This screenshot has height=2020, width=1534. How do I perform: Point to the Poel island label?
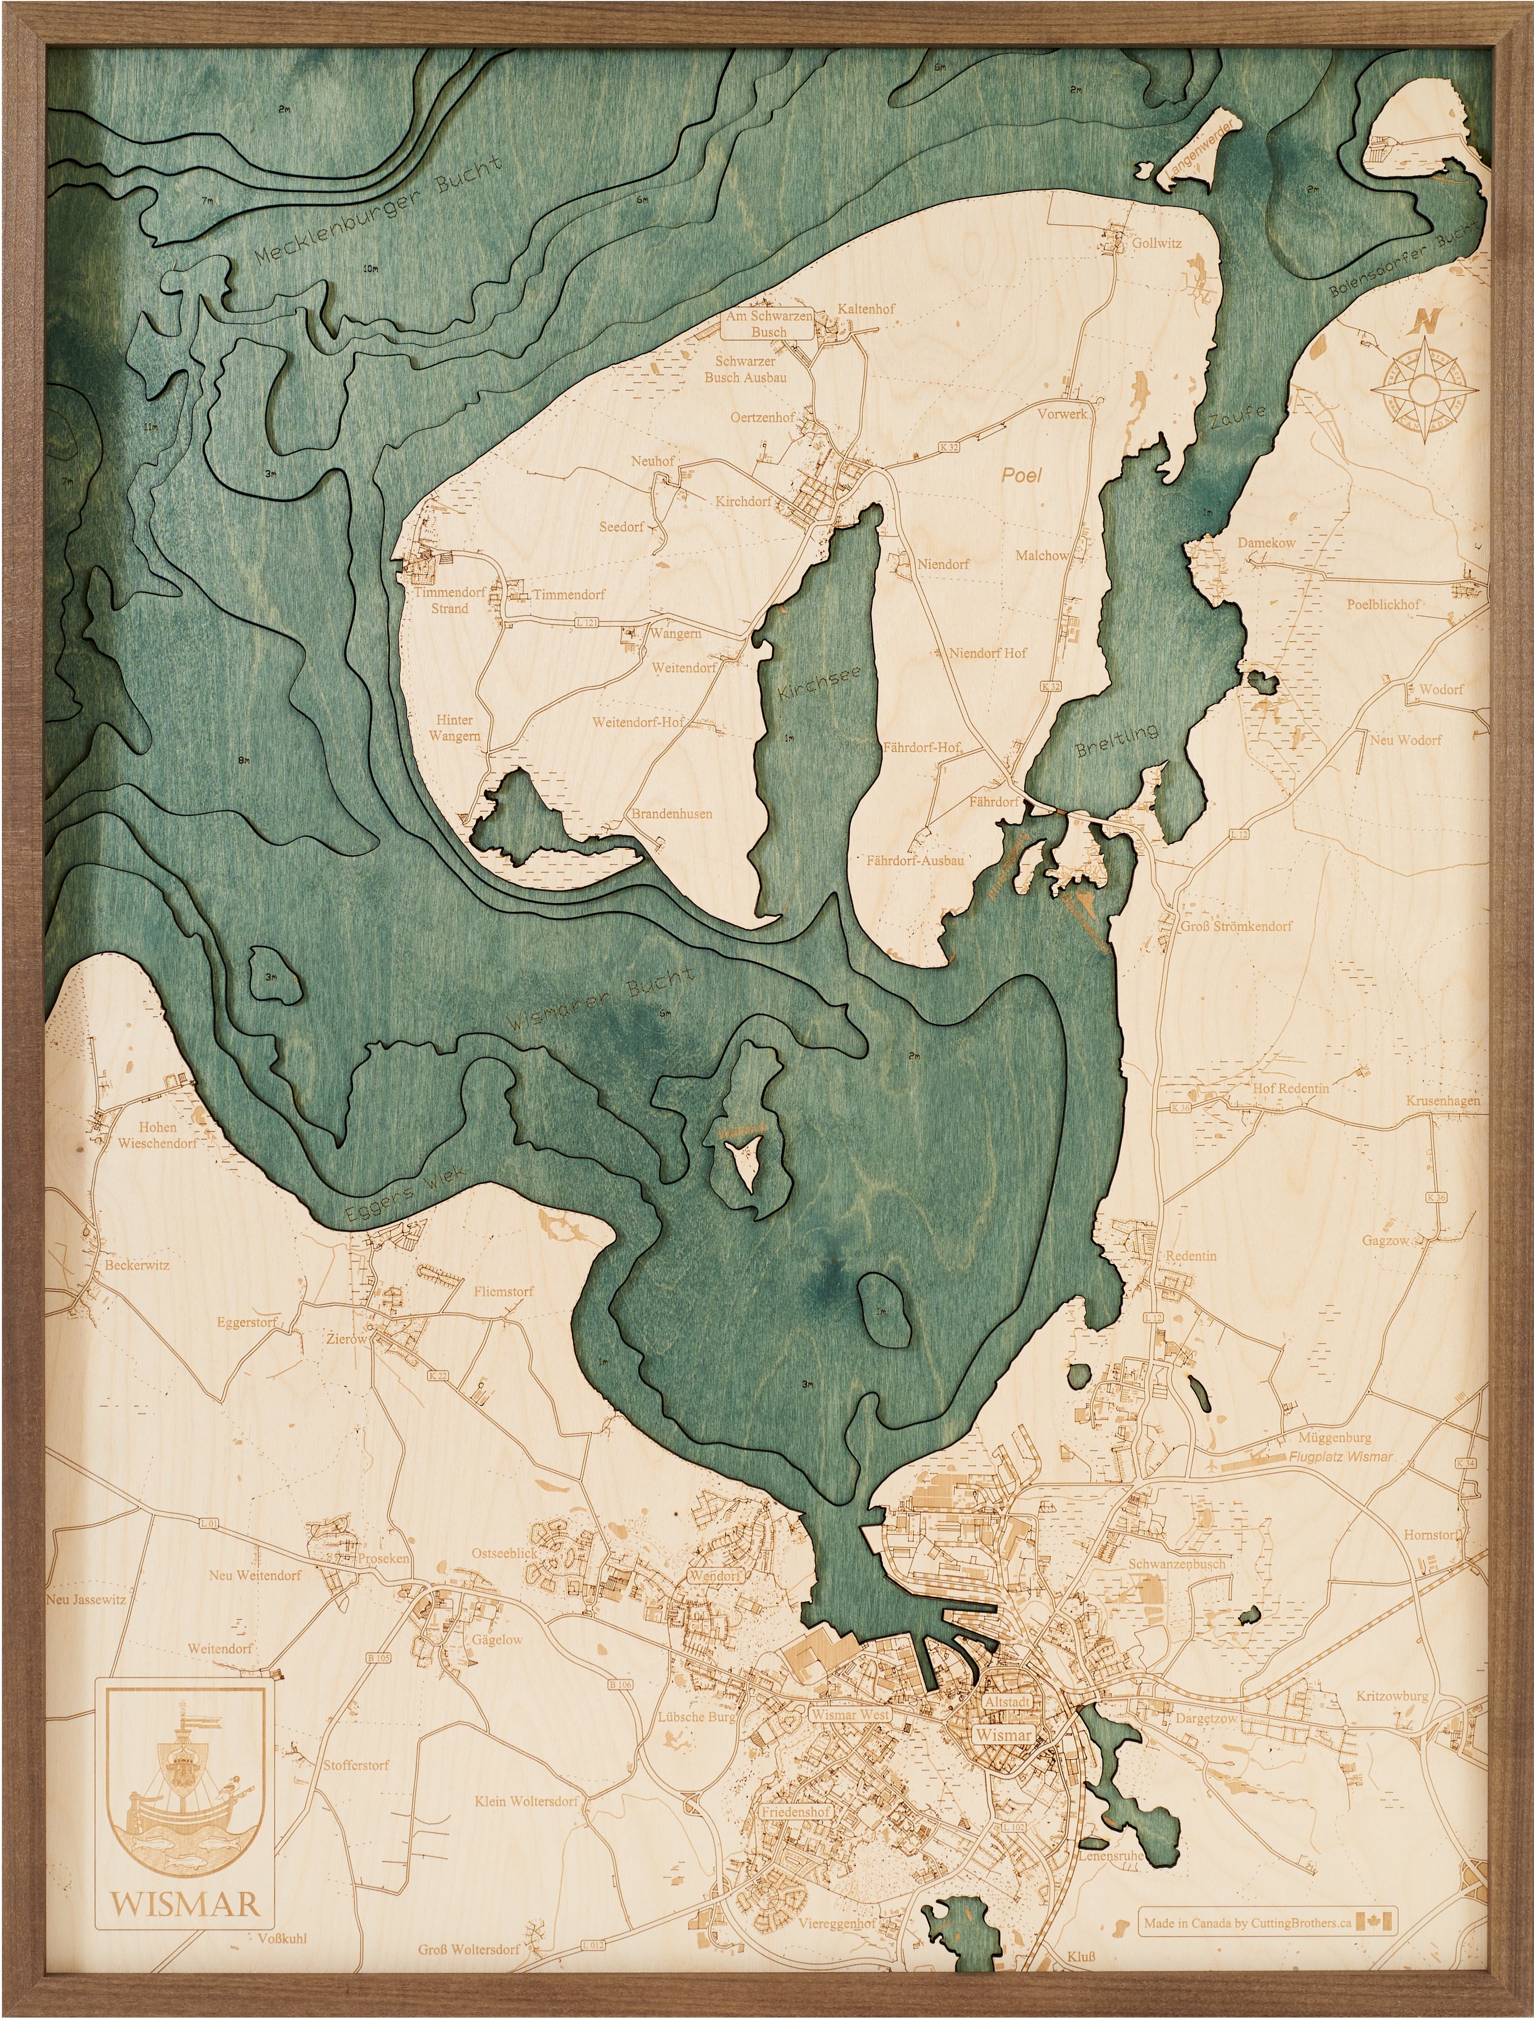coord(1021,475)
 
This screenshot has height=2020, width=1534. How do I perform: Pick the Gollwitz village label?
coord(1156,243)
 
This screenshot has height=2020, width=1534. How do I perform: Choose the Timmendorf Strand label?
coord(449,600)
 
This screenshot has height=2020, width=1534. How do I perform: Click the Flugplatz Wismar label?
coord(1340,1457)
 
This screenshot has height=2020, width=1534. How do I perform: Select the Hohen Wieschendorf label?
coord(158,1135)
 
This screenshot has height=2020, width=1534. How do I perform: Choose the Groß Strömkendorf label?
coord(1236,926)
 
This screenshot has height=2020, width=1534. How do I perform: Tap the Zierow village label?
coord(347,1339)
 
